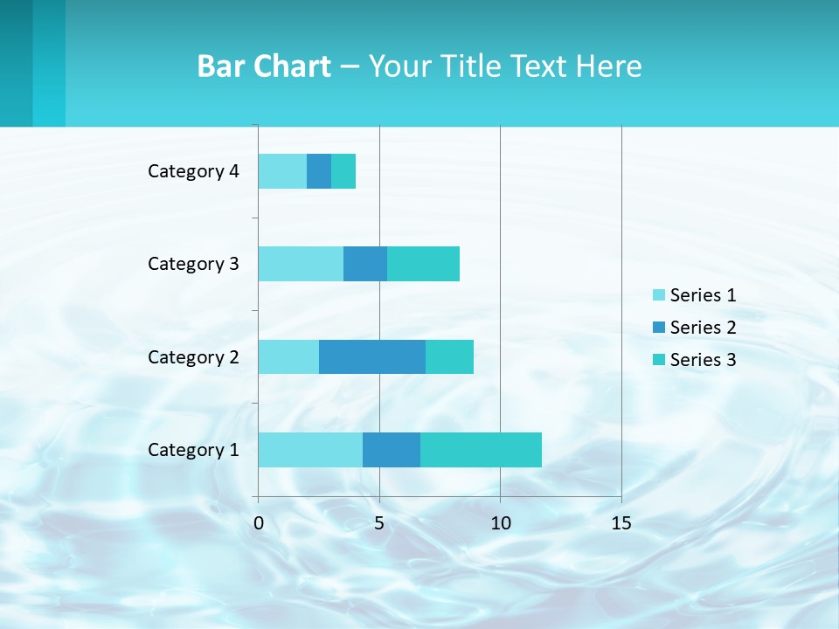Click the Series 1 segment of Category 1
tap(310, 450)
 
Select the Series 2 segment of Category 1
tap(392, 450)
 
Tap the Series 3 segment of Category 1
tap(481, 450)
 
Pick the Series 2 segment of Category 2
tap(372, 356)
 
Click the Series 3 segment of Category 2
tap(449, 356)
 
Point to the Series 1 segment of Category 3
tap(301, 264)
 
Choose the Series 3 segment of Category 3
tap(423, 264)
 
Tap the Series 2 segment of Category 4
tap(319, 171)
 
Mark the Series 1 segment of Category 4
tap(282, 171)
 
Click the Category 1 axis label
tap(193, 450)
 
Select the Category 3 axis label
tap(193, 264)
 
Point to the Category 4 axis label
tap(193, 171)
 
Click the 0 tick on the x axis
tap(259, 523)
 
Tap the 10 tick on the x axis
tap(500, 523)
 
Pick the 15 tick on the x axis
tap(621, 523)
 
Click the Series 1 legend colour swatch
tap(659, 295)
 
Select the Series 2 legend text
tap(703, 328)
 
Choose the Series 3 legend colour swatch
tap(659, 360)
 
